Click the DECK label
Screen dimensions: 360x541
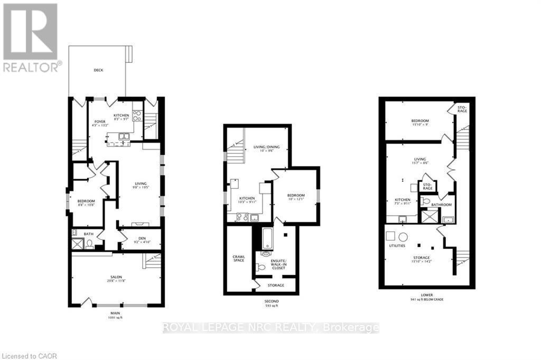point(98,70)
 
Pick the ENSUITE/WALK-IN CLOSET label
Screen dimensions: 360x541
point(278,264)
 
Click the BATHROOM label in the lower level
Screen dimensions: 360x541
point(441,205)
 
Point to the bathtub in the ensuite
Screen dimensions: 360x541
point(266,239)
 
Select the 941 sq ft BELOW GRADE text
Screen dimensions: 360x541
point(427,300)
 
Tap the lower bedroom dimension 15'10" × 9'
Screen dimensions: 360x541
point(420,126)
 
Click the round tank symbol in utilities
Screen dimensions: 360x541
point(403,236)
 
